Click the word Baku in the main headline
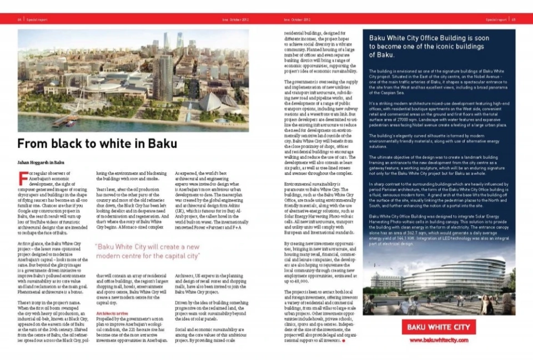click(162, 144)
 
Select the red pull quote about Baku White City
click(147, 251)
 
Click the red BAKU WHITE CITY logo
click(438, 327)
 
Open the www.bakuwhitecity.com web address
click(438, 340)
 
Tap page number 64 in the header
click(19, 19)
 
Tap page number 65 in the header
click(514, 19)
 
